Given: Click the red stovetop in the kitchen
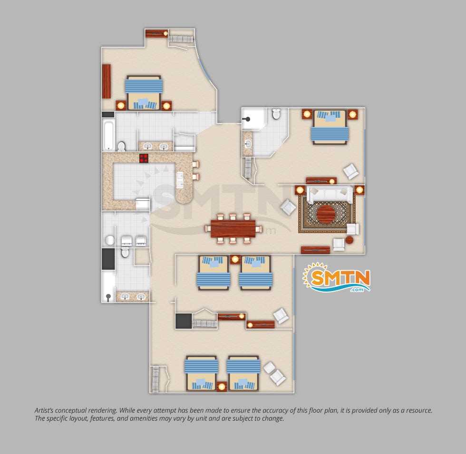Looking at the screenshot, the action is pos(144,159).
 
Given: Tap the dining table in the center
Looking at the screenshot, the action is pos(233,228).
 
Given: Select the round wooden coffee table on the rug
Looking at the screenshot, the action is pos(326,214).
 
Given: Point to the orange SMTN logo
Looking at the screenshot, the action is pos(337,277).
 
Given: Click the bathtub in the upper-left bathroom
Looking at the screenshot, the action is pos(108,135).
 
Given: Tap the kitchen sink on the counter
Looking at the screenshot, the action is pos(180,180).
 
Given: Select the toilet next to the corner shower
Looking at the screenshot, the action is pos(276,113).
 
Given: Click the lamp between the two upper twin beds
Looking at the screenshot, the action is pos(235,259).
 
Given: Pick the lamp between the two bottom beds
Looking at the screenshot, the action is pos(222,387).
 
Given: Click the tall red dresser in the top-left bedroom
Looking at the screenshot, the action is pos(107,81).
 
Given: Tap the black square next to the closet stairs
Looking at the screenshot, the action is pos(184,321).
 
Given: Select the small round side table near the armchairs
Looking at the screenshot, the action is pos(350,240).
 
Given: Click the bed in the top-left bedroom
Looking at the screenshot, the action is pos(144,93).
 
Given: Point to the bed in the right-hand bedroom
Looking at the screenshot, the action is pos(330,127).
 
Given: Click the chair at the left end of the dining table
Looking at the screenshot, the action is pos(208,228).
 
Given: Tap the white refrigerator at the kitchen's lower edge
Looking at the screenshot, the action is pos(143,204).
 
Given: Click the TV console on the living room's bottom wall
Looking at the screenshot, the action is pos(315,250).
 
